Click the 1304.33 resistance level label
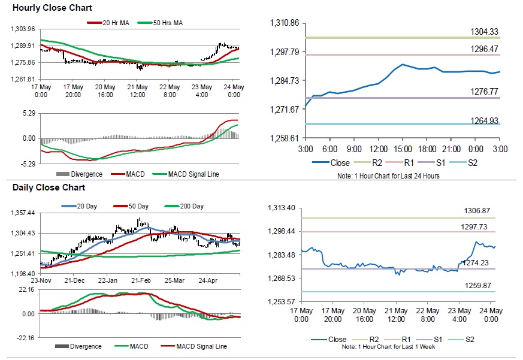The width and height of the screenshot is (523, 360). click(485, 32)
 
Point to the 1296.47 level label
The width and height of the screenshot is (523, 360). click(485, 49)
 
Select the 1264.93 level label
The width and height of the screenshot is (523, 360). click(485, 120)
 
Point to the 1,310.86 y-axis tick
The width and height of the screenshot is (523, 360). click(285, 23)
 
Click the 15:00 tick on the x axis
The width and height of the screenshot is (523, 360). click(402, 148)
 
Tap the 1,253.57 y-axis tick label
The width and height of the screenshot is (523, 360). click(285, 301)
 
